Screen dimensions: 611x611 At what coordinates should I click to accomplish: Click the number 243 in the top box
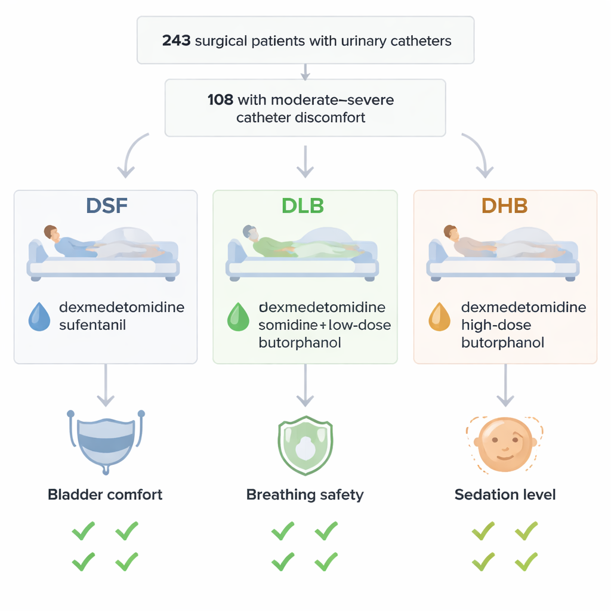click(x=176, y=41)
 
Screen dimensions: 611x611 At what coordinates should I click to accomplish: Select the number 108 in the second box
click(x=220, y=100)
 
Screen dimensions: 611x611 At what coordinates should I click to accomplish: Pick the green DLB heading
click(x=303, y=206)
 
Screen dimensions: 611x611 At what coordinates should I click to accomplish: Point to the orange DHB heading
click(x=505, y=206)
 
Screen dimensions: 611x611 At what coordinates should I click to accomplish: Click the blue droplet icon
click(x=40, y=316)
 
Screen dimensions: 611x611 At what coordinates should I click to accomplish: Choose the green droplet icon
click(x=239, y=316)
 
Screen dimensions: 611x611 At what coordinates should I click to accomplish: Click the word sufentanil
click(x=92, y=326)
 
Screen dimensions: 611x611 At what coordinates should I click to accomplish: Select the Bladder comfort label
click(x=105, y=495)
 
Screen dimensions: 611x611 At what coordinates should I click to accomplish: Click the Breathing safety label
click(x=305, y=495)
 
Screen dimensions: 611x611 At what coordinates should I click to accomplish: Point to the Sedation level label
click(x=505, y=495)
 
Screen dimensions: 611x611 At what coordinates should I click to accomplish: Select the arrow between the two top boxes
click(x=305, y=72)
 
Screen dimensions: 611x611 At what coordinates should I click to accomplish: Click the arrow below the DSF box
click(x=106, y=385)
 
